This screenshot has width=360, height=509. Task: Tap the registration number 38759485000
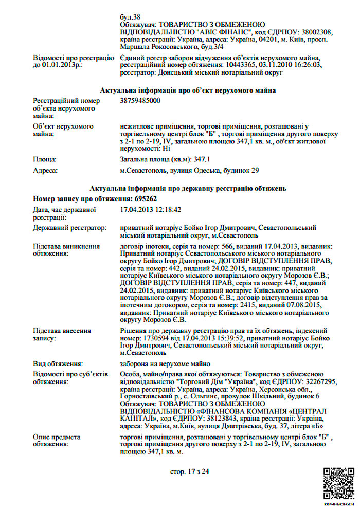click(140, 101)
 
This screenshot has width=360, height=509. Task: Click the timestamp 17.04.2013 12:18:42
click(150, 210)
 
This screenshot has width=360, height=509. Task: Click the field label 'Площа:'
click(45, 160)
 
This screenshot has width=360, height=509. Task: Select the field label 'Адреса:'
click(46, 170)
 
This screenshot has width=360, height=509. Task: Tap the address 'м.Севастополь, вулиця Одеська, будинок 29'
click(189, 170)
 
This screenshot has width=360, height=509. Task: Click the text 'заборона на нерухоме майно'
click(161, 363)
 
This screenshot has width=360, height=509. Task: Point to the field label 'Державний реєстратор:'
click(69, 227)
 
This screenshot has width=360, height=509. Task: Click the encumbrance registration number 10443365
click(242, 65)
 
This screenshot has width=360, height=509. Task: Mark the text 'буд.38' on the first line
click(130, 16)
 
